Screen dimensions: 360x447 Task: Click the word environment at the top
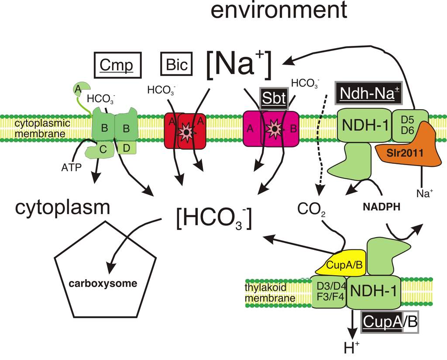[x=279, y=11]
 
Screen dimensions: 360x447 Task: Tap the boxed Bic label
[x=176, y=65]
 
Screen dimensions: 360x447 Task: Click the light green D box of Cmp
[x=127, y=148]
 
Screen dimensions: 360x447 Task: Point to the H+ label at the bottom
[x=349, y=347]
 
